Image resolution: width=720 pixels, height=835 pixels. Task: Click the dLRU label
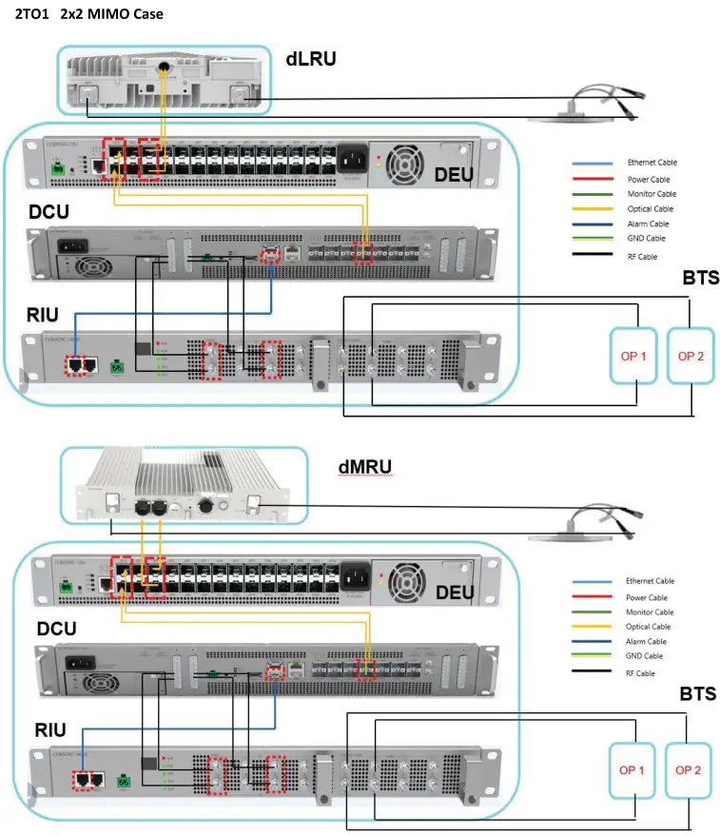[x=311, y=58]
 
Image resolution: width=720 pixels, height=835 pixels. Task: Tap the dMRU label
[x=365, y=467]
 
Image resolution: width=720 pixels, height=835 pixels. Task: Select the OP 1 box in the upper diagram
[x=634, y=356]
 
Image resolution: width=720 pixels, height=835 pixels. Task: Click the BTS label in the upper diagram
[x=700, y=280]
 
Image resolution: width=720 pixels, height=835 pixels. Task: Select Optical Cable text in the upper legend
[x=650, y=208]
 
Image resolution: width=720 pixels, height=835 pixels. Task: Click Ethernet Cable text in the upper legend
[x=652, y=163]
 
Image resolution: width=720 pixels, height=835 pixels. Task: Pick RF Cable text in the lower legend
[x=641, y=673]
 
